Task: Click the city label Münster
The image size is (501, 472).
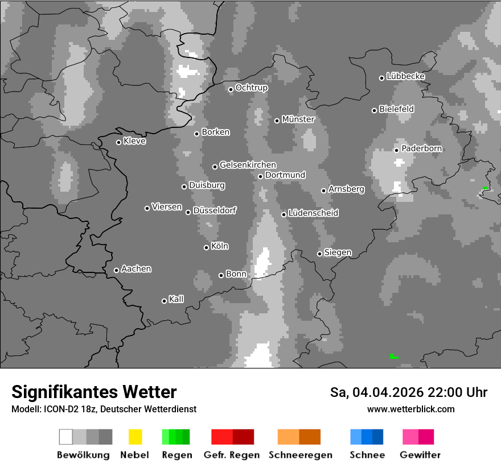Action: coord(298,119)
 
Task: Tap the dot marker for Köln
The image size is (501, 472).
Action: coord(207,247)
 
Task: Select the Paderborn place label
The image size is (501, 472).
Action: coord(422,148)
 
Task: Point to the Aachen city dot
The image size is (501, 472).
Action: coord(117,270)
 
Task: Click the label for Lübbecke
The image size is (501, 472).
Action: coord(406,76)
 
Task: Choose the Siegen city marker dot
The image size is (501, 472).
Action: coord(320,254)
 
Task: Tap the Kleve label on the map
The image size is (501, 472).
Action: coord(135,141)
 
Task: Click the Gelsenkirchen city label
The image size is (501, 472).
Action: coord(248,165)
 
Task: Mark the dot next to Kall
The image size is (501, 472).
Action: coord(165,301)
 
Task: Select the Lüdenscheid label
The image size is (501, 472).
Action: coord(313,213)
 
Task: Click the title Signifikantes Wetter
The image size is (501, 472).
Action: coord(94,392)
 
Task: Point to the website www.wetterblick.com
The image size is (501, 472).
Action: coord(411,409)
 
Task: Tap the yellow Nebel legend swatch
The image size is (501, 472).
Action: coord(135,437)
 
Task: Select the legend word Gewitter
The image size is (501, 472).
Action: coord(420,455)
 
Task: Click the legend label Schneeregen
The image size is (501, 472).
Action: coord(301,455)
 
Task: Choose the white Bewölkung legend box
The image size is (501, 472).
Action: coord(66,437)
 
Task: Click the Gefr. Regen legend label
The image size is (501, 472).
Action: coord(232,455)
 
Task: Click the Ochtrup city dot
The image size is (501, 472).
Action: coord(231,89)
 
